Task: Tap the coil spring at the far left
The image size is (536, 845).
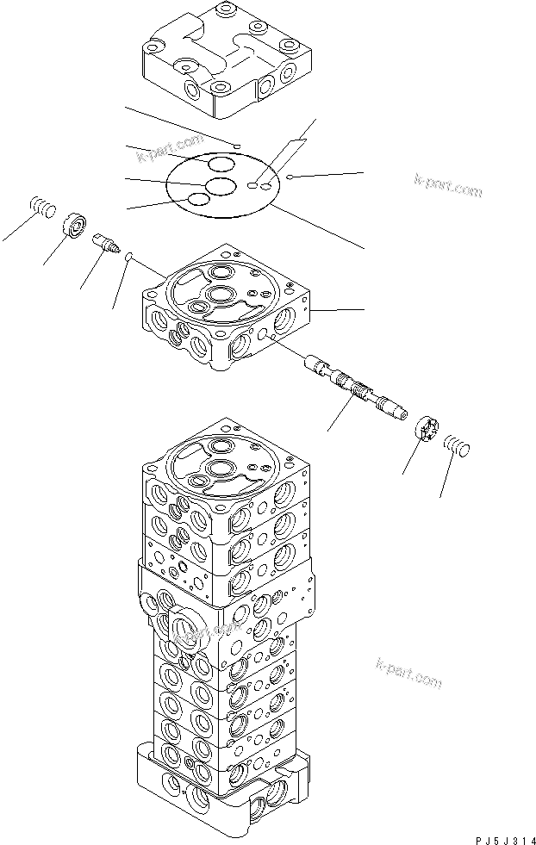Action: pos(42,208)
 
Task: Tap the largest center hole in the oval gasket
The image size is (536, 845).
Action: pos(221,185)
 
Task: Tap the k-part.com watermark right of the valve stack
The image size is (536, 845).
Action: pos(408,672)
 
